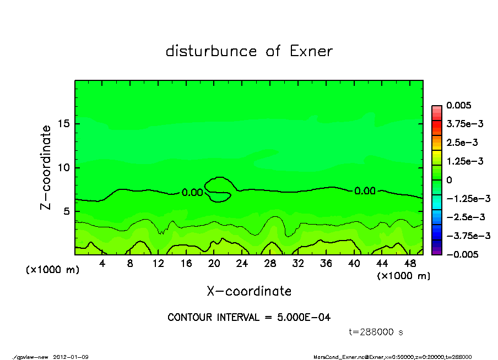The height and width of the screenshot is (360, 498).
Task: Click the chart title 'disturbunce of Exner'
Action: click(x=249, y=52)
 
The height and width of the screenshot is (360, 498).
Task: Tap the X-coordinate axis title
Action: click(x=249, y=291)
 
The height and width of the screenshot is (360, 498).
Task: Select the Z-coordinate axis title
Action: click(x=46, y=167)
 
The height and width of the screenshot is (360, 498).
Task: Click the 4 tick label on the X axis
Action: click(x=102, y=264)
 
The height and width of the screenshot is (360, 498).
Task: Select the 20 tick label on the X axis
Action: click(x=214, y=264)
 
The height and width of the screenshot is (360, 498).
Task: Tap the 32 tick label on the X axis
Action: click(x=297, y=264)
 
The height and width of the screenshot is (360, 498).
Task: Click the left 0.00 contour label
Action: click(x=192, y=193)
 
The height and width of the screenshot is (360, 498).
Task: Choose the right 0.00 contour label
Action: click(x=365, y=191)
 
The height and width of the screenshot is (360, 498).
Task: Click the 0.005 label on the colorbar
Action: click(x=459, y=105)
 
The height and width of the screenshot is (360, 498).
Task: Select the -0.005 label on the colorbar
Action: click(x=461, y=254)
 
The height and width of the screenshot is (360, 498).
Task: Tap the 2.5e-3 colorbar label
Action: click(x=462, y=143)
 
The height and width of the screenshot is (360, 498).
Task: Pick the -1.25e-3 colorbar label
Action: click(x=468, y=198)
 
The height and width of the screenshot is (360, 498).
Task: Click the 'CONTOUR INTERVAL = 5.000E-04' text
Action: click(x=249, y=317)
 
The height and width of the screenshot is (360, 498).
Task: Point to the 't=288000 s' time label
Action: click(x=376, y=332)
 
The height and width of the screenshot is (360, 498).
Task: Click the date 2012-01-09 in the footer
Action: click(x=71, y=357)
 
